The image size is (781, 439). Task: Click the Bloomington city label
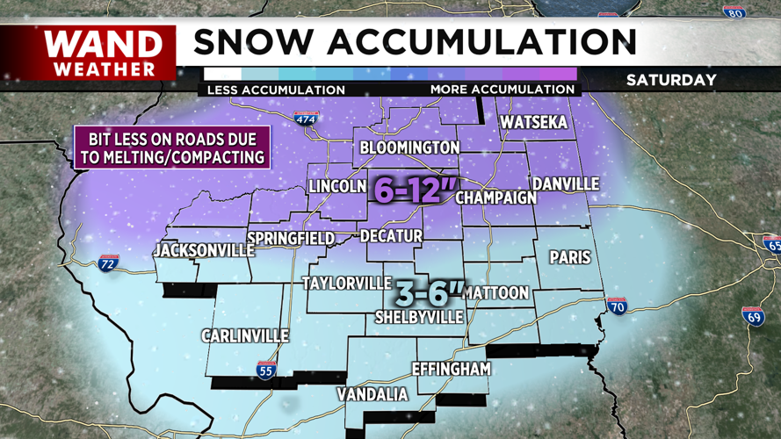(409, 148)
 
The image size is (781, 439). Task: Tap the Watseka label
(533, 122)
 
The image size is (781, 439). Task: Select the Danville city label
(564, 184)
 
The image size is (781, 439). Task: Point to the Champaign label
(495, 198)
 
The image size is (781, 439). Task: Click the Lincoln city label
(337, 186)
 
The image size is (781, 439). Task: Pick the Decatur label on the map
(391, 236)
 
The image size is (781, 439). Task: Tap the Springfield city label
(291, 239)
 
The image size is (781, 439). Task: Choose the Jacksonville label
(197, 251)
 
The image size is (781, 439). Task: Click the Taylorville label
(346, 283)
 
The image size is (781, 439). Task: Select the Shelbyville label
(419, 316)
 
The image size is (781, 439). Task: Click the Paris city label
(570, 257)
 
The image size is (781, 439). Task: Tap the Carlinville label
(244, 336)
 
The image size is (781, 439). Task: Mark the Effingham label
(451, 370)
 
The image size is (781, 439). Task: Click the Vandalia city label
(373, 395)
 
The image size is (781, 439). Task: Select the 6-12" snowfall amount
(411, 189)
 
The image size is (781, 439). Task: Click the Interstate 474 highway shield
(305, 119)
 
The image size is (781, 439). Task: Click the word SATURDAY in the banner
(671, 80)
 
